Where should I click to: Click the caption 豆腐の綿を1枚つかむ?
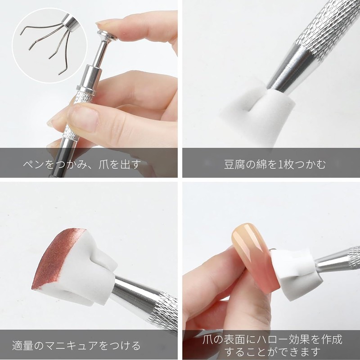pos(269,163)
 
